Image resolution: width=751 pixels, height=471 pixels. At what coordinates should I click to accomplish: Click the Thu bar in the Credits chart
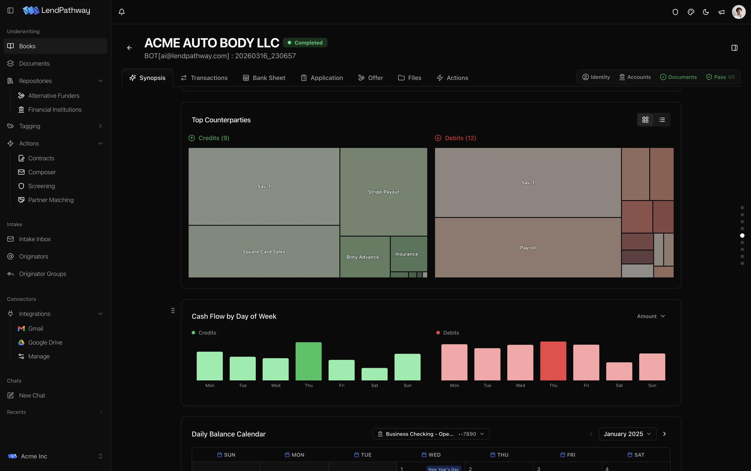click(308, 361)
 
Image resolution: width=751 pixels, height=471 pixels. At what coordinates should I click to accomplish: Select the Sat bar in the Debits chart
click(619, 371)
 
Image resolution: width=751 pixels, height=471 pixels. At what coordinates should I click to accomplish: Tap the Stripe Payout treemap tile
click(384, 192)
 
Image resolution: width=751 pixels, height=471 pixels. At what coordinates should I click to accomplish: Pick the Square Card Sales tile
click(264, 251)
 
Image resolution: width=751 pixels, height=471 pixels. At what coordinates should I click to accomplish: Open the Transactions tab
click(204, 78)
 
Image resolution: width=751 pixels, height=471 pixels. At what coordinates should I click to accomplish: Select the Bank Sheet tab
click(264, 78)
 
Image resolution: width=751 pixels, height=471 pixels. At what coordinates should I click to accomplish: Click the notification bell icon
click(122, 12)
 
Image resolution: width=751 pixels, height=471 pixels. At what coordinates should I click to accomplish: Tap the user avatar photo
click(739, 12)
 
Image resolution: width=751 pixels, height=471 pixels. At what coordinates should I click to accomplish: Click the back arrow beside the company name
click(130, 48)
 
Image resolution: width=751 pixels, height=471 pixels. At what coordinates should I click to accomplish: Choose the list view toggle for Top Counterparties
click(662, 120)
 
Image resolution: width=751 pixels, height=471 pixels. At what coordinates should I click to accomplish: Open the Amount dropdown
click(651, 316)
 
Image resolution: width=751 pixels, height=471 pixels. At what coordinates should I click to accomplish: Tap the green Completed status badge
click(305, 43)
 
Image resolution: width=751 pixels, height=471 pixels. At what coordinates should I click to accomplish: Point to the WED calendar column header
click(431, 455)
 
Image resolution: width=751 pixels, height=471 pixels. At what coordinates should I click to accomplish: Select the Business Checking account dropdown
click(431, 434)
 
